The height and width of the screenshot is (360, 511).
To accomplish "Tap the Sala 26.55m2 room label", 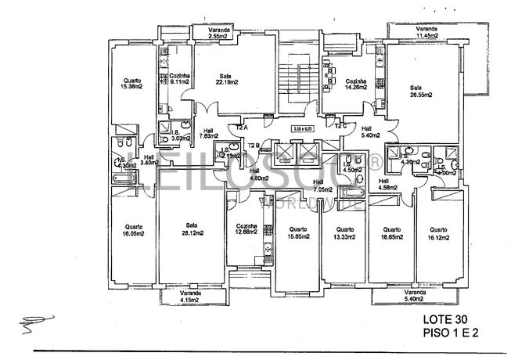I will [416, 91].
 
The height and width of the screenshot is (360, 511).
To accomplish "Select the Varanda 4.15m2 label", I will [186, 297].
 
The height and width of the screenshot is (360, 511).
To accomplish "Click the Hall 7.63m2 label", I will [209, 134].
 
